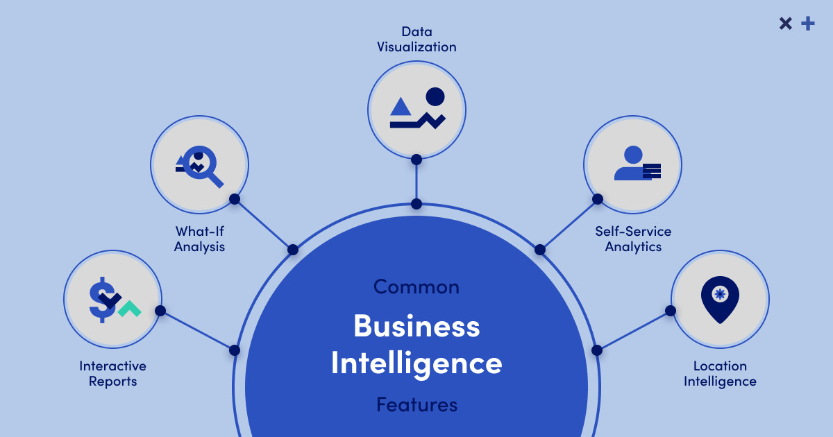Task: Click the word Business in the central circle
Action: (x=416, y=325)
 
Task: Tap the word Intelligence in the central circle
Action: (x=416, y=363)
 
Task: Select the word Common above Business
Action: (x=416, y=286)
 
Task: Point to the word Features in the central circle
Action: (x=416, y=404)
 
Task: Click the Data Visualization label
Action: (x=416, y=40)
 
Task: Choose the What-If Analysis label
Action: (x=199, y=239)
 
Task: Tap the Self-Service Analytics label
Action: (x=633, y=239)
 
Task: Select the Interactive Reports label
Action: (x=112, y=373)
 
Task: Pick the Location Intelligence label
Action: (x=720, y=373)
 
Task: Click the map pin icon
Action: (x=720, y=299)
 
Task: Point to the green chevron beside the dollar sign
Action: (x=129, y=309)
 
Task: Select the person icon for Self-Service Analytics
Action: (x=632, y=164)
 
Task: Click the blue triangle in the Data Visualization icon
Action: (x=401, y=106)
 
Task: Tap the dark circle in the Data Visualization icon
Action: (x=435, y=96)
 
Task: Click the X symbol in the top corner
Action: (x=785, y=24)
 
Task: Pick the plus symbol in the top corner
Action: (x=807, y=24)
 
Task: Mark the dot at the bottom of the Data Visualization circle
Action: (x=416, y=160)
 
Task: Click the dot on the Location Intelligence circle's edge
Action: (x=671, y=311)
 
